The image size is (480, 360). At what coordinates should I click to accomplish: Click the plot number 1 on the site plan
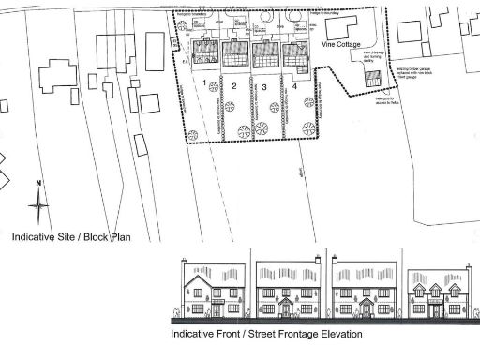pos(204,83)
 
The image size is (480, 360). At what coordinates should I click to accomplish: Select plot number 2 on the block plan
pos(233,85)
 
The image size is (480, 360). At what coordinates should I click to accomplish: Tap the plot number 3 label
pos(265,86)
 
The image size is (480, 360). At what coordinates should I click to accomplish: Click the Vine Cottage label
pos(342,44)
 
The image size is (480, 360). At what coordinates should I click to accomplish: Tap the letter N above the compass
pos(37,182)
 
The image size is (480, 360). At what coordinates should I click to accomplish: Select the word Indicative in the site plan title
pos(33,238)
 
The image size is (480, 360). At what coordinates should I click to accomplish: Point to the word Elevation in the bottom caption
pos(338,334)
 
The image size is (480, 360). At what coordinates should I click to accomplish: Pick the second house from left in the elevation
pos(286,291)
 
